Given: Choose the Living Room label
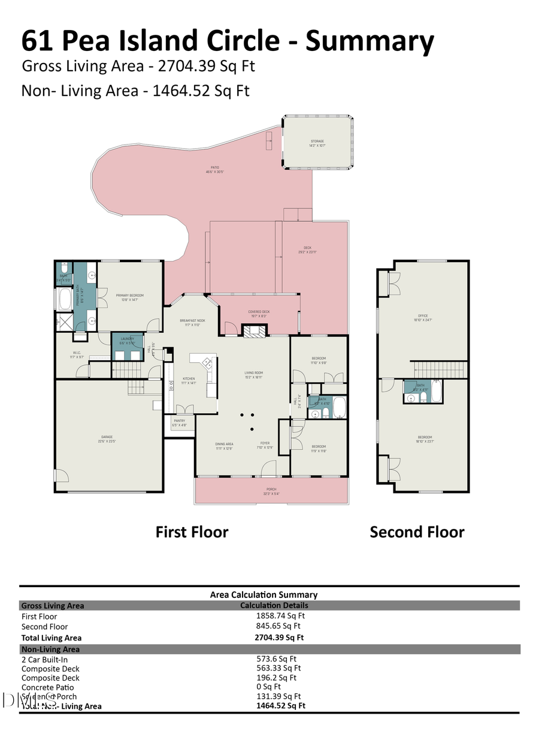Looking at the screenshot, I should [254, 375].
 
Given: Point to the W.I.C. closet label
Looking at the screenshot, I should [77, 354].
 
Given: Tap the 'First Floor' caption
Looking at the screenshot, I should [192, 532].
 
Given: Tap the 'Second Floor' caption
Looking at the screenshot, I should [417, 532].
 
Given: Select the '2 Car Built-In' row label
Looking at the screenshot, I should [45, 659].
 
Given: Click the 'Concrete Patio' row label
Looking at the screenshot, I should [48, 687].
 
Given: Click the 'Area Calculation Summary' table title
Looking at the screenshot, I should [264, 595].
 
